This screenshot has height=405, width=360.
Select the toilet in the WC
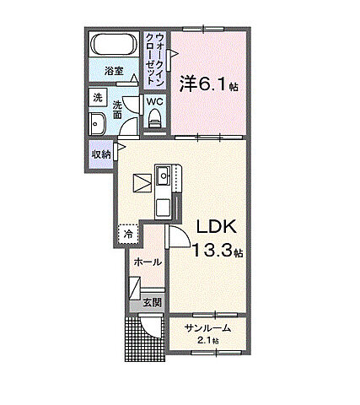click(x=154, y=120)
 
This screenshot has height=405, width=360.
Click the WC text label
click(x=155, y=101)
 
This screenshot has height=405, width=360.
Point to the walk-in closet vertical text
click(x=154, y=57)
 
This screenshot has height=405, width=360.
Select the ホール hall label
click(x=148, y=263)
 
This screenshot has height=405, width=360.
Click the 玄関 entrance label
click(x=152, y=302)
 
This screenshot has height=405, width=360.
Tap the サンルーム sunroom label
click(x=208, y=328)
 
